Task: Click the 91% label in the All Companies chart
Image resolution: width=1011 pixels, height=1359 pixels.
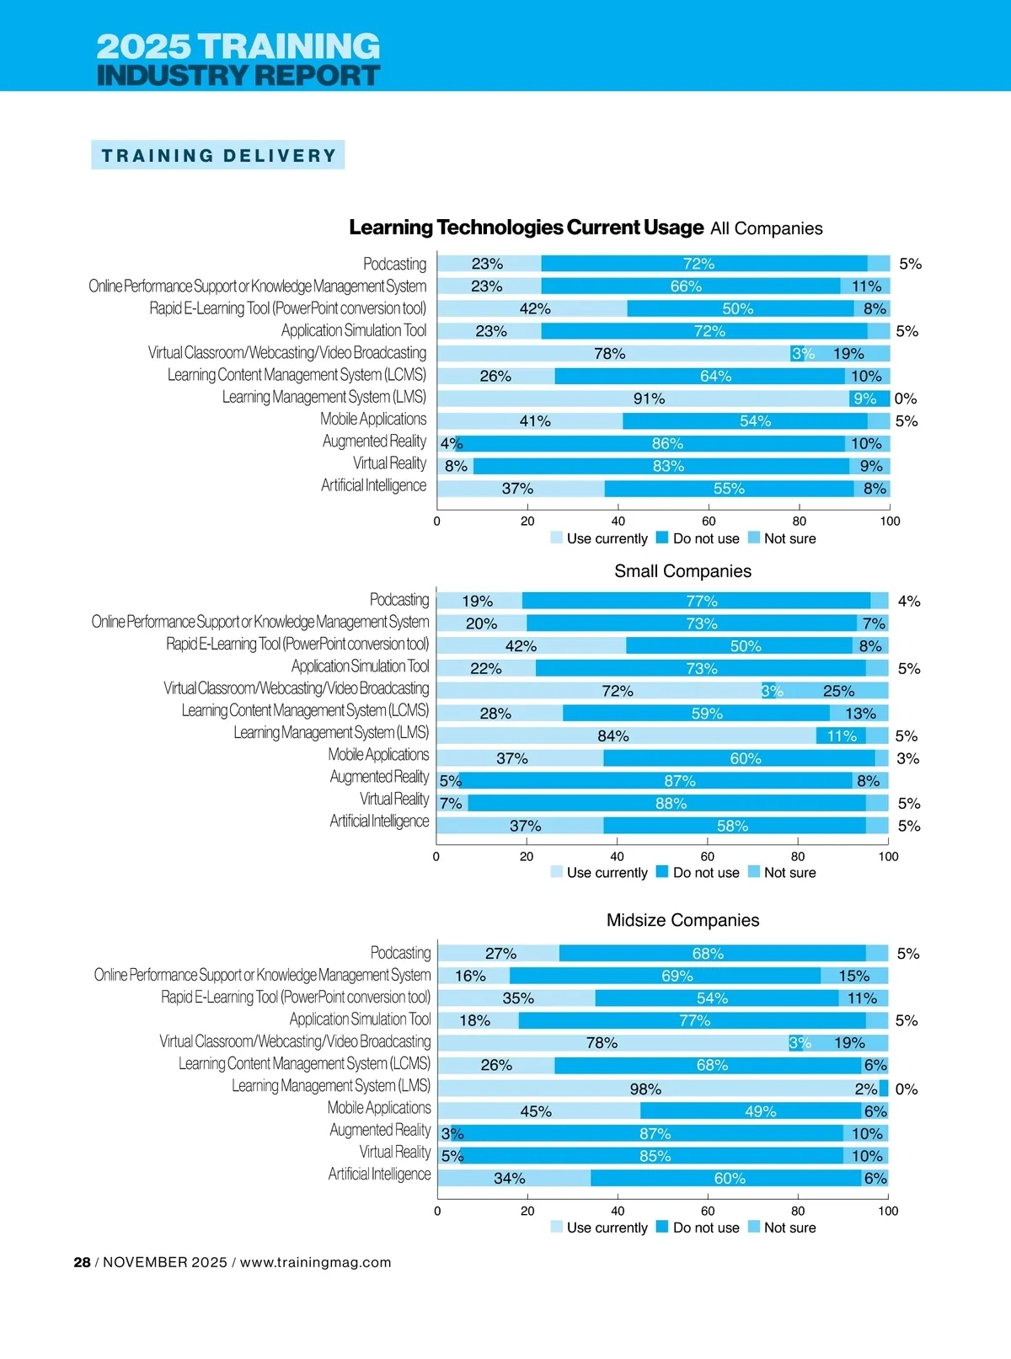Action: click(649, 399)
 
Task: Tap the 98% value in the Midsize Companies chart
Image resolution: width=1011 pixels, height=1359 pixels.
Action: click(645, 1089)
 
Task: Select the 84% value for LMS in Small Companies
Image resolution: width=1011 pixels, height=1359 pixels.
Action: click(613, 736)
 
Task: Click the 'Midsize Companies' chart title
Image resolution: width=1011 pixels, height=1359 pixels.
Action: click(682, 920)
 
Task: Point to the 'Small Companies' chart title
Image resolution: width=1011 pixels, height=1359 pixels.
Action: click(682, 571)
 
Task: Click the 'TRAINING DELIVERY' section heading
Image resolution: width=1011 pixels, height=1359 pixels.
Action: click(218, 156)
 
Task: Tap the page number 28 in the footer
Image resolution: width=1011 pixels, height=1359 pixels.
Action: click(82, 1262)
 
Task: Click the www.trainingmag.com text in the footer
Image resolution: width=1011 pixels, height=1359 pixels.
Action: click(315, 1262)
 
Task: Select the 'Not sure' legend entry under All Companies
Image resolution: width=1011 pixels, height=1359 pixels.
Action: click(789, 538)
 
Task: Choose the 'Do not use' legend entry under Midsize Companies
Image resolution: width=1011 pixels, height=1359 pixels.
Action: click(705, 1228)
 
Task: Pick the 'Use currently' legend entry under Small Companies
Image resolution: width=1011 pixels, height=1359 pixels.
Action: click(607, 873)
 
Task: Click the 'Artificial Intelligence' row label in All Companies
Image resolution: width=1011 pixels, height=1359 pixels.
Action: click(373, 485)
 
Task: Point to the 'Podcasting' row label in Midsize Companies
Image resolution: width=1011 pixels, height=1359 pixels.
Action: click(400, 953)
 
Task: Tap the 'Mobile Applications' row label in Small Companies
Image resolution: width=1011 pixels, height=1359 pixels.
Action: click(378, 755)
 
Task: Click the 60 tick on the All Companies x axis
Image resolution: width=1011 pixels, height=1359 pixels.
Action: click(709, 522)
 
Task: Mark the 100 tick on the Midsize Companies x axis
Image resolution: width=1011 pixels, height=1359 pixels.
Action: click(888, 1212)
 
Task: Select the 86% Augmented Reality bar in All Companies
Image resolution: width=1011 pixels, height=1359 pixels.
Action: click(667, 443)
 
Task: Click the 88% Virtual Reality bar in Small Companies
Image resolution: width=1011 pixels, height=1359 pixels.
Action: click(671, 803)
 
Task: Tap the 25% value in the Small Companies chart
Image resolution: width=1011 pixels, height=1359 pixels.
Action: click(838, 691)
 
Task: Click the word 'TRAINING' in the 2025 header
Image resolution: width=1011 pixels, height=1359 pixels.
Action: click(289, 46)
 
